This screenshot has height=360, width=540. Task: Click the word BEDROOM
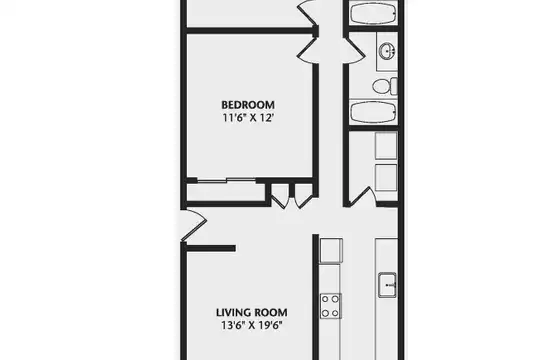[248, 105]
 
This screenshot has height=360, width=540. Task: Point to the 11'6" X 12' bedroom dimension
[248, 118]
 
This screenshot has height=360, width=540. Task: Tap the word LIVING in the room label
[230, 313]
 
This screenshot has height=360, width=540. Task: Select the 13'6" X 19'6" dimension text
[252, 326]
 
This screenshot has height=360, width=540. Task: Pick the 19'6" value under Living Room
[271, 326]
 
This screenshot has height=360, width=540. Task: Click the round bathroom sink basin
[387, 51]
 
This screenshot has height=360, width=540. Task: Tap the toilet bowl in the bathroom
[381, 86]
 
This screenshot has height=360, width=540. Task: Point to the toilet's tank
[393, 86]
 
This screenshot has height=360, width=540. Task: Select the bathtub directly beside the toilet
[373, 112]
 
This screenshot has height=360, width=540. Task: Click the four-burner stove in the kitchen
[331, 306]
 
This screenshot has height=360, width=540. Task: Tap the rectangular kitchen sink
[387, 285]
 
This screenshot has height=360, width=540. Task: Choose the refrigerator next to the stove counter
[331, 250]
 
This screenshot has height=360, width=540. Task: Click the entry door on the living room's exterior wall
[194, 225]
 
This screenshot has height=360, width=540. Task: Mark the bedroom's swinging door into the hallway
[308, 51]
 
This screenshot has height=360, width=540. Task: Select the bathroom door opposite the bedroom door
[354, 51]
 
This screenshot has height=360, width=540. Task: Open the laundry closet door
[361, 197]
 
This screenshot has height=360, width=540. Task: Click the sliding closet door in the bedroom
[226, 180]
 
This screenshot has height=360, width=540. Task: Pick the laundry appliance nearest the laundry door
[386, 177]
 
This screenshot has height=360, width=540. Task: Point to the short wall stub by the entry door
[211, 248]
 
